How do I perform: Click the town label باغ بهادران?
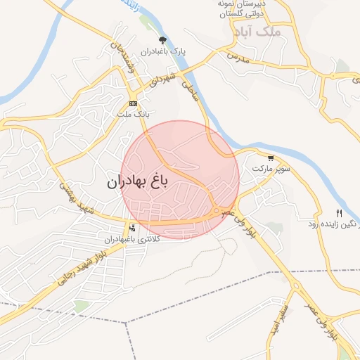138,182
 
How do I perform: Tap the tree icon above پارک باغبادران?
163,40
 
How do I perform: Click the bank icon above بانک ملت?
133,103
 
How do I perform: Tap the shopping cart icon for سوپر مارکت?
271,157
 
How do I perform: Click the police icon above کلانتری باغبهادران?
132,228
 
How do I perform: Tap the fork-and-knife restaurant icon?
338,213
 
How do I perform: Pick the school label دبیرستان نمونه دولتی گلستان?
241,8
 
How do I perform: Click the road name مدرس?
238,58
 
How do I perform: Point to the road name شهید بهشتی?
76,200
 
